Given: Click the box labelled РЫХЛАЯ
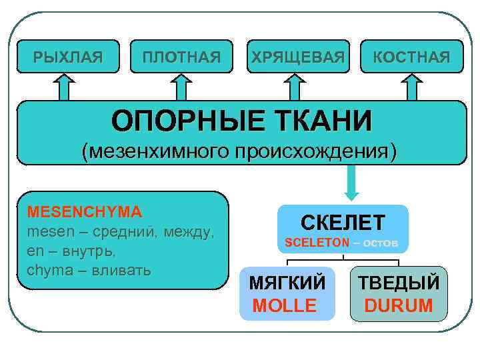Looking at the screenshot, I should (x=68, y=57).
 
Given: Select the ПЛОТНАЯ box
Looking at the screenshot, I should (x=181, y=57).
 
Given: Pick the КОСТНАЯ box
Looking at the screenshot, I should (x=411, y=57).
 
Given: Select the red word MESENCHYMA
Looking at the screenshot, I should (x=84, y=212).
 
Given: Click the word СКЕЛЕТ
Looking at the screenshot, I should (x=343, y=222).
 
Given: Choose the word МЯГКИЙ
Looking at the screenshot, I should (x=287, y=283).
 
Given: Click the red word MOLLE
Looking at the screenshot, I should (x=285, y=305).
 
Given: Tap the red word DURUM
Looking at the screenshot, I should (x=399, y=305).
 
